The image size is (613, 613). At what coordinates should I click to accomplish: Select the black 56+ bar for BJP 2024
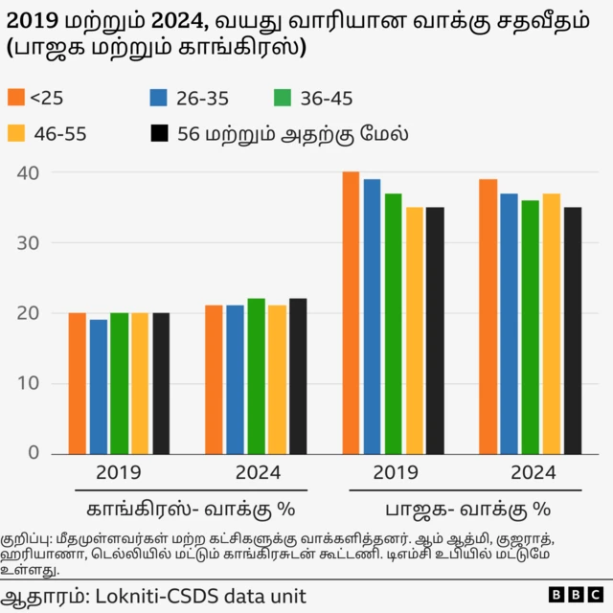click(x=572, y=329)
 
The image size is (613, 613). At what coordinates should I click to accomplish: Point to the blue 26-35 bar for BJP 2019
click(x=372, y=316)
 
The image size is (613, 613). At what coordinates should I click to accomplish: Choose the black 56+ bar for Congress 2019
click(x=161, y=383)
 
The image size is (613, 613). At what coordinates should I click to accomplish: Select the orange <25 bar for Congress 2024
click(x=214, y=379)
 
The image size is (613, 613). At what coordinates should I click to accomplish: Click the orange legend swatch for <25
click(x=15, y=98)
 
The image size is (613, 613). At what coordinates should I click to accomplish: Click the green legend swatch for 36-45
click(x=283, y=98)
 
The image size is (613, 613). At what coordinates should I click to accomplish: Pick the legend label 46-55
click(x=60, y=134)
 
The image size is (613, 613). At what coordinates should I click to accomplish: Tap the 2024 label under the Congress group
click(x=256, y=472)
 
